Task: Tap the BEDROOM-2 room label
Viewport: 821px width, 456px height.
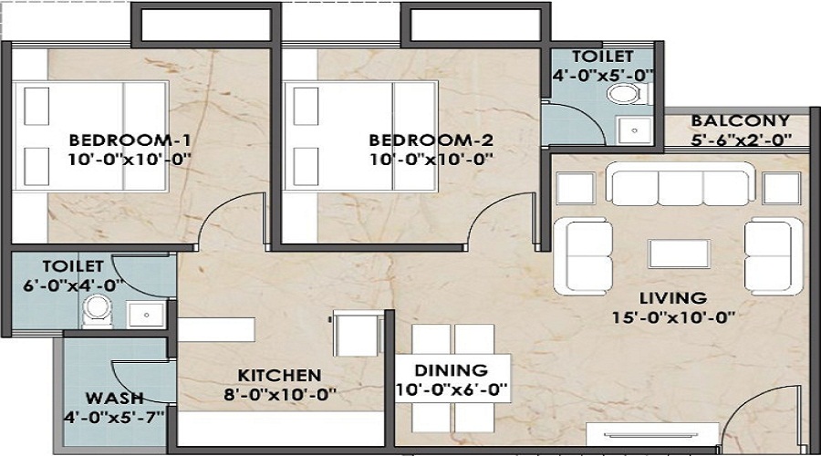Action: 431,140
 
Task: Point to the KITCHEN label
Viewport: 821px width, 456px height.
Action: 279,376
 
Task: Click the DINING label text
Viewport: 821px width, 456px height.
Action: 452,370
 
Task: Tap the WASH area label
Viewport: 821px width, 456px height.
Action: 114,399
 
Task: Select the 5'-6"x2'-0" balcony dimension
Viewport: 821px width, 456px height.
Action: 740,140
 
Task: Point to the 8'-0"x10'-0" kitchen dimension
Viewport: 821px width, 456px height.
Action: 279,395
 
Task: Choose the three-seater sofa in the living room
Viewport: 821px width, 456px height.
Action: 680,186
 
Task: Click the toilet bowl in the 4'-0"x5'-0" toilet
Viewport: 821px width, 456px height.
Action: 623,94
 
